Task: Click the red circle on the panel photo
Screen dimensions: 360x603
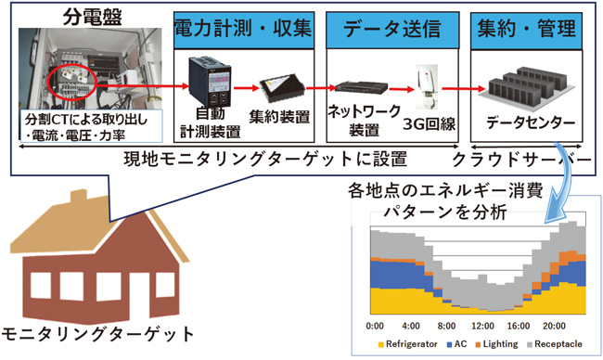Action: pos(72,82)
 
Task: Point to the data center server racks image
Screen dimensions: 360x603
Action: pos(525,86)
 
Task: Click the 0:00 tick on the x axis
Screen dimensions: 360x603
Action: pos(375,326)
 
